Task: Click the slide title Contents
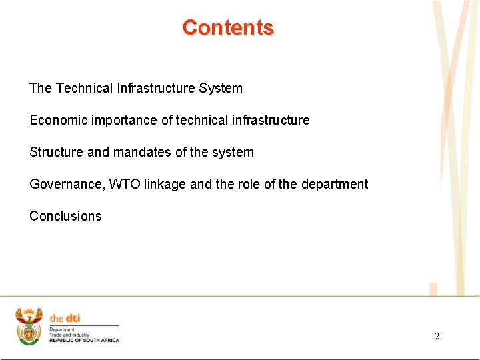pyautogui.click(x=228, y=27)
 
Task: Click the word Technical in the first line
pyautogui.click(x=85, y=88)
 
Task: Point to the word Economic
pyautogui.click(x=59, y=120)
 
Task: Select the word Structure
pyautogui.click(x=56, y=152)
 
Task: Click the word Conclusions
pyautogui.click(x=65, y=216)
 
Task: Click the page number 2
pyautogui.click(x=437, y=336)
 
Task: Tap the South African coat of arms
pyautogui.click(x=29, y=326)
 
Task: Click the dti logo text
pyautogui.click(x=65, y=318)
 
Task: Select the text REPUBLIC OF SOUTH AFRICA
pyautogui.click(x=84, y=340)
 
